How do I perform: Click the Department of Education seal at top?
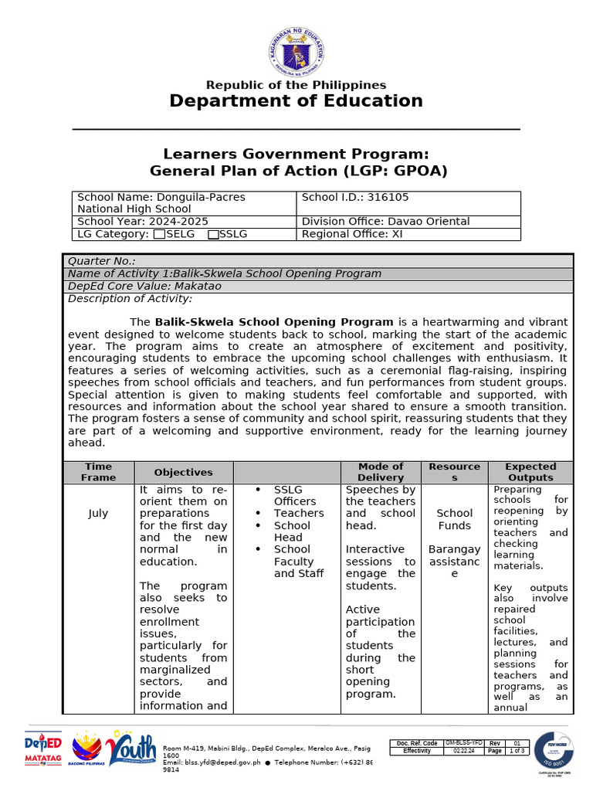pyautogui.click(x=296, y=52)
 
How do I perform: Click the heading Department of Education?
pyautogui.click(x=296, y=101)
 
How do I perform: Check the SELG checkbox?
pyautogui.click(x=159, y=234)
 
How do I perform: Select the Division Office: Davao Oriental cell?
pyautogui.click(x=385, y=222)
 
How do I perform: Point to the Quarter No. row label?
pyautogui.click(x=102, y=261)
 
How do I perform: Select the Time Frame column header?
pyautogui.click(x=98, y=472)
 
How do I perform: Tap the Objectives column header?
pyautogui.click(x=183, y=472)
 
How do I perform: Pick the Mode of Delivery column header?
pyautogui.click(x=381, y=472)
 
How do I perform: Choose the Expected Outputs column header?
pyautogui.click(x=530, y=472)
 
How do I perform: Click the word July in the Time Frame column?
pyautogui.click(x=98, y=513)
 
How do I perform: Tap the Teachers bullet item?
pyautogui.click(x=299, y=513)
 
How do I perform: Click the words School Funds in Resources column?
pyautogui.click(x=455, y=519)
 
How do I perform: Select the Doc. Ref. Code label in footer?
pyautogui.click(x=417, y=743)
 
